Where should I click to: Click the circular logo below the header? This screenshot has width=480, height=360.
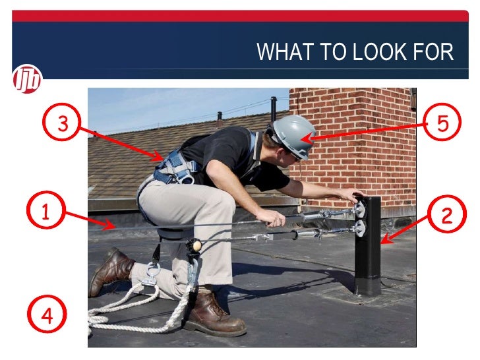[x=27, y=79]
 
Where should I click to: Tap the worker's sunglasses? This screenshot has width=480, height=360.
[x=294, y=157]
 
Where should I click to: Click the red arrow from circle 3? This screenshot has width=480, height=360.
[x=119, y=141]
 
